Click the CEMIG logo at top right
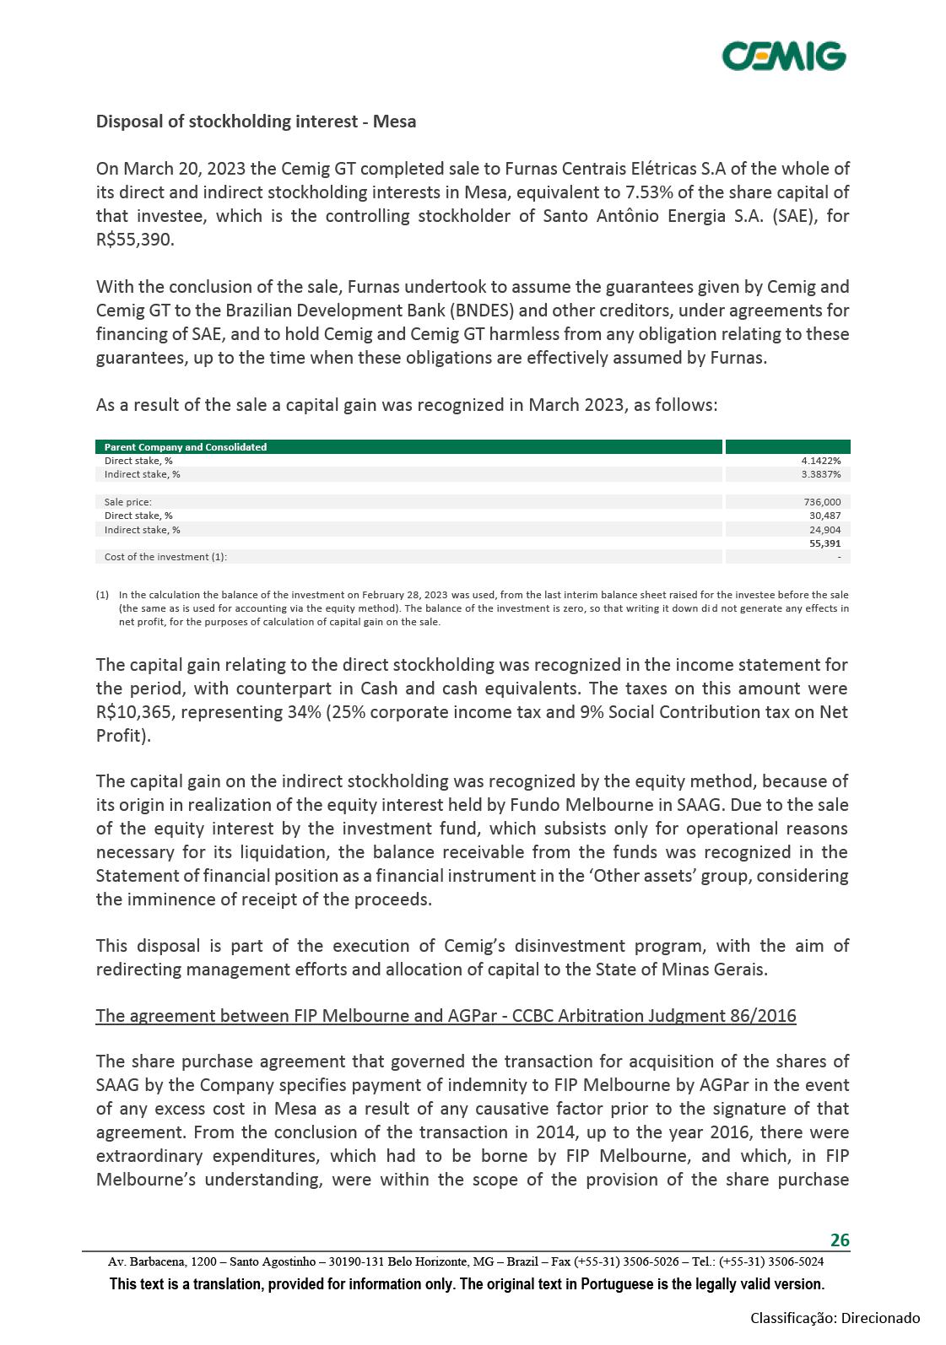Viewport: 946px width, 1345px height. point(784,56)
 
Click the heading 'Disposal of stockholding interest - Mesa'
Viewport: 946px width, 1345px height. point(256,122)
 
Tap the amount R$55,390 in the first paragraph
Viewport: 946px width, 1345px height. point(134,240)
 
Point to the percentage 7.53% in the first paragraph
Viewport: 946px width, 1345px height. point(650,192)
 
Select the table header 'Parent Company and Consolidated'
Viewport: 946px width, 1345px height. point(186,447)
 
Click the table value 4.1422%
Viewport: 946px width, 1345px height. point(820,461)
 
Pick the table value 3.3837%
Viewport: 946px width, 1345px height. point(820,474)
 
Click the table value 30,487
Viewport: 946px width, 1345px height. point(824,516)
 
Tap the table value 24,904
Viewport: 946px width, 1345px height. point(824,530)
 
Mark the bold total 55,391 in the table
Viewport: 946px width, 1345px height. point(824,543)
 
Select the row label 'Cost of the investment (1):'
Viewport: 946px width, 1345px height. point(165,557)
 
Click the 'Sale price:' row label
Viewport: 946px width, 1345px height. point(128,502)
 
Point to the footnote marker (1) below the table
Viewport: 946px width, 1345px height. point(102,595)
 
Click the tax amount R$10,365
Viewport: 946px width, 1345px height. point(134,712)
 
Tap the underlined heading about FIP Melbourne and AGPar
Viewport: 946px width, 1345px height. point(446,1015)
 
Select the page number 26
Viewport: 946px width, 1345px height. point(840,1240)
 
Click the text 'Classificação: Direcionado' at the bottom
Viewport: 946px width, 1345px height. point(835,1318)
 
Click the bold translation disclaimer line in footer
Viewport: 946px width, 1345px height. point(467,1284)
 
